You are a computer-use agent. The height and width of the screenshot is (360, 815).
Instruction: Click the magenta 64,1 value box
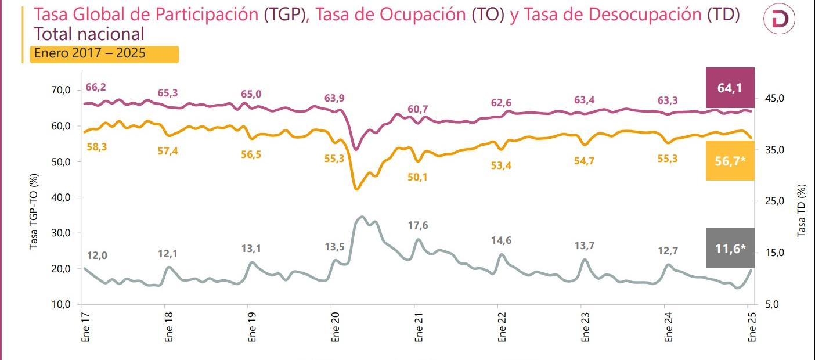(730, 88)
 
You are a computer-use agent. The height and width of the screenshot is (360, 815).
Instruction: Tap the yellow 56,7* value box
(730, 161)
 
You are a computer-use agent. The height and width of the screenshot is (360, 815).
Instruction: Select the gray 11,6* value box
(730, 249)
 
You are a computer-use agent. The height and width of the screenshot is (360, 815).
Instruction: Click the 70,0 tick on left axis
(61, 90)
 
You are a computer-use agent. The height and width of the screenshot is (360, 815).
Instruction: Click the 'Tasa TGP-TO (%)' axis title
(34, 211)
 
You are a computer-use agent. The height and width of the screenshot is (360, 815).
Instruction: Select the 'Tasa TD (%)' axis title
(802, 210)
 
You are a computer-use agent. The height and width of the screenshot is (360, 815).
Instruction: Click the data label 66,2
(96, 88)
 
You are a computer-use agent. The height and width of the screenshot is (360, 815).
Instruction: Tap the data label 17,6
(417, 225)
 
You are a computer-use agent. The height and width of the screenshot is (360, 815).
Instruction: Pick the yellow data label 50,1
(417, 177)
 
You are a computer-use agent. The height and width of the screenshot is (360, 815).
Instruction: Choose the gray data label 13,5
(334, 247)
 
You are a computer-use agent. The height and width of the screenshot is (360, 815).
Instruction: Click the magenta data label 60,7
(417, 109)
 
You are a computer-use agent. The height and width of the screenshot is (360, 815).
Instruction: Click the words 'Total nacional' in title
(89, 34)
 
